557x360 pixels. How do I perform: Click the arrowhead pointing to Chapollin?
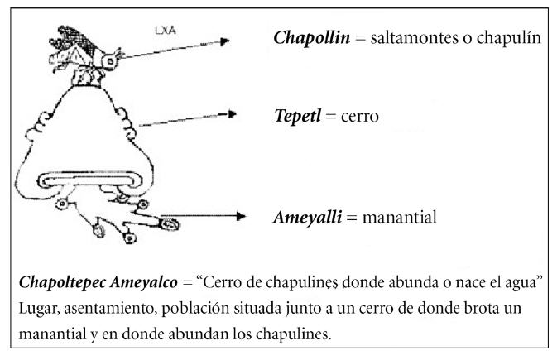click(x=224, y=41)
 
